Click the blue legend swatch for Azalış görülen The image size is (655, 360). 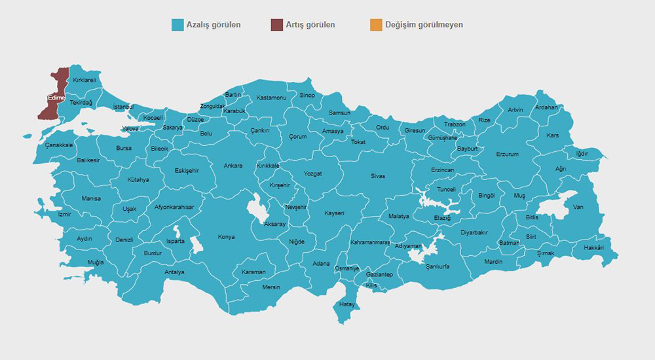pyautogui.click(x=177, y=25)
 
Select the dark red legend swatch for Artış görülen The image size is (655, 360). pyautogui.click(x=277, y=25)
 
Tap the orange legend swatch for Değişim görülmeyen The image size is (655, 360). pyautogui.click(x=375, y=25)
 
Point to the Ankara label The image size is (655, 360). pyautogui.click(x=233, y=166)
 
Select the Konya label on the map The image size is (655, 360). pyautogui.click(x=226, y=236)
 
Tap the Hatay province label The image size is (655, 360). pyautogui.click(x=346, y=304)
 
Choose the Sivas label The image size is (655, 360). pyautogui.click(x=378, y=176)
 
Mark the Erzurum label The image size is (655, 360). pyautogui.click(x=507, y=154)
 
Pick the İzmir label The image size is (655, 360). pyautogui.click(x=64, y=214)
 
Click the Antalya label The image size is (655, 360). pyautogui.click(x=174, y=272)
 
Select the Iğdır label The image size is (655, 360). pyautogui.click(x=582, y=154)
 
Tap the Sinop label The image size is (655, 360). pyautogui.click(x=307, y=96)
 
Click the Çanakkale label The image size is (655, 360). pyautogui.click(x=58, y=145)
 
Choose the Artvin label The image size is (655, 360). pyautogui.click(x=515, y=109)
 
